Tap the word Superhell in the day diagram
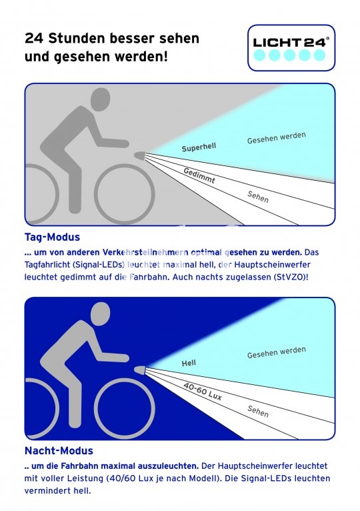point(199,147)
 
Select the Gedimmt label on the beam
point(199,175)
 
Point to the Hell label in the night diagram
point(189,363)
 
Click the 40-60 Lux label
point(202,391)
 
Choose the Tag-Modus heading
point(52,237)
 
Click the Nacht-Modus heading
point(59,451)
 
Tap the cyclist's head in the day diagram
point(100,99)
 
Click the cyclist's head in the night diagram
point(100,314)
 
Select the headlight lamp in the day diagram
point(140,155)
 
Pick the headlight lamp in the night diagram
point(140,370)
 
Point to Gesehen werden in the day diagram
point(276,138)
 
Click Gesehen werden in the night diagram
point(276,352)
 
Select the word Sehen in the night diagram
point(258,412)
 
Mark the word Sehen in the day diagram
point(258,197)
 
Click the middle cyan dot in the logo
point(289,55)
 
